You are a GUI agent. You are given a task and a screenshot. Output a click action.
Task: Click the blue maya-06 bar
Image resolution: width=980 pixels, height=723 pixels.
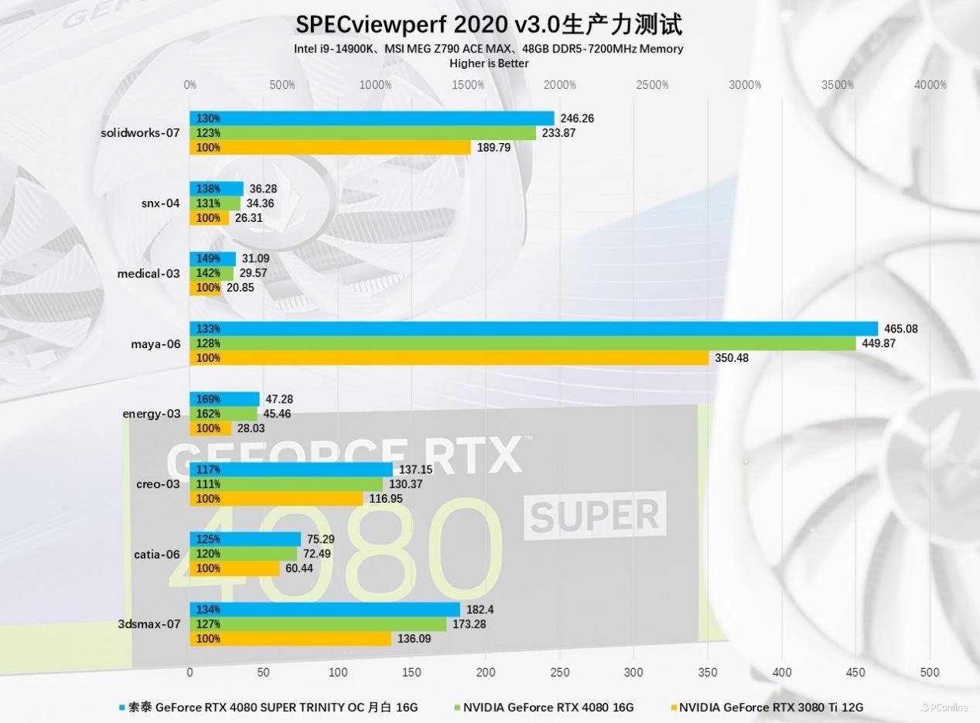coord(534,329)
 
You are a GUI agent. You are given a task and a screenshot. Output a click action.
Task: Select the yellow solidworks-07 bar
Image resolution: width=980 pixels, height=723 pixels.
coord(330,148)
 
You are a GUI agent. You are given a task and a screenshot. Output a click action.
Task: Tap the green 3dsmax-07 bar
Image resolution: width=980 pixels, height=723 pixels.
coord(318,624)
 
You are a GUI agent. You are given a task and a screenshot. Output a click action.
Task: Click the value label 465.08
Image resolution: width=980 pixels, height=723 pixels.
coord(901,329)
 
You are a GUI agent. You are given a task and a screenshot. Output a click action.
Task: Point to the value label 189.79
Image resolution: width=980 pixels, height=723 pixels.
coord(493,148)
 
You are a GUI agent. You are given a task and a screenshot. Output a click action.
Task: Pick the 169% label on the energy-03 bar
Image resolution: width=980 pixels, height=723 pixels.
coord(208,399)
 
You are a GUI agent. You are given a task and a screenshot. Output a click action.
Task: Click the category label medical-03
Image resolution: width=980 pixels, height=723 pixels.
coord(149,273)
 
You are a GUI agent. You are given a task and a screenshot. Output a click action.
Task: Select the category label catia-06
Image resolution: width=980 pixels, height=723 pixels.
coord(157,554)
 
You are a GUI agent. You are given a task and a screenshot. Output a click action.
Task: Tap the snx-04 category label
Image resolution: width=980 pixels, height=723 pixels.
coord(160,203)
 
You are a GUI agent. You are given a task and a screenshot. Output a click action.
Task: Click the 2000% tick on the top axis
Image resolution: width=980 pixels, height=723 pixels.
coord(560,85)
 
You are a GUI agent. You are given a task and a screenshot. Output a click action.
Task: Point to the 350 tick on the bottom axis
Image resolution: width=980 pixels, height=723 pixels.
coord(708,672)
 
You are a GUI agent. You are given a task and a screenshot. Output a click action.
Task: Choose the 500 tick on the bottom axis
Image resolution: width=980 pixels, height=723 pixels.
coord(930,672)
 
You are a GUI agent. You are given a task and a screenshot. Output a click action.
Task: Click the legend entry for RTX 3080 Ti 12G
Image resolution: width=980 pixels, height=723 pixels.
coord(771,707)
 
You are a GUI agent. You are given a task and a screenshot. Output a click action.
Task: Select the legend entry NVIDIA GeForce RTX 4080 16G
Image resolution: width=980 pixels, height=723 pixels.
coord(548,707)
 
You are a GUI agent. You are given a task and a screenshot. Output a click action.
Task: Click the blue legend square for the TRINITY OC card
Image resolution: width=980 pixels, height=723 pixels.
coord(121,707)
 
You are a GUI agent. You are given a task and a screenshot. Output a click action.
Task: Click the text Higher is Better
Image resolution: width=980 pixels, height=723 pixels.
coord(489,63)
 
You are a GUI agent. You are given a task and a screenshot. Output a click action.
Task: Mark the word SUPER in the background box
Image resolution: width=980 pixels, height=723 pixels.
coord(595,515)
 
